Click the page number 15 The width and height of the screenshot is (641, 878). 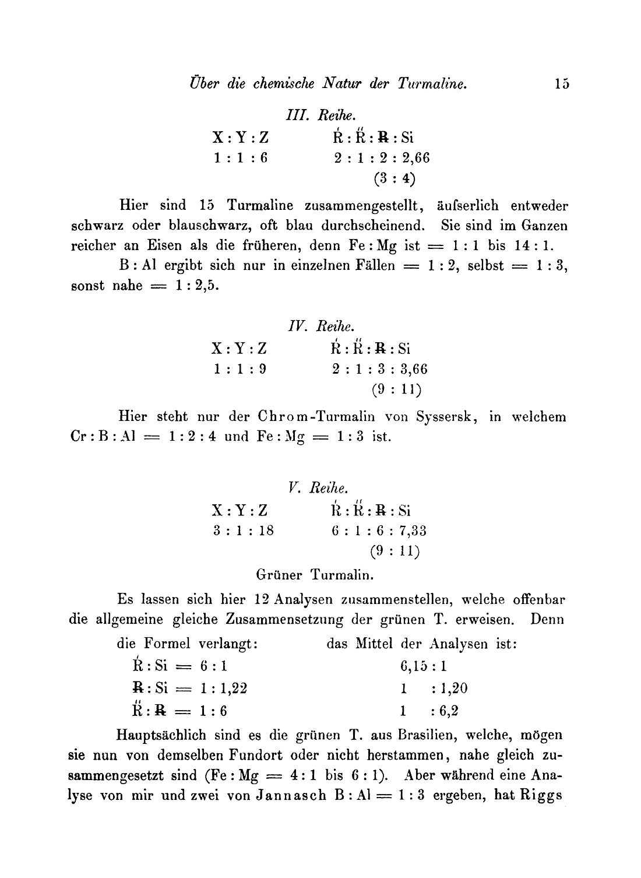562,84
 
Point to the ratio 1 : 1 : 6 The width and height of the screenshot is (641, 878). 240,157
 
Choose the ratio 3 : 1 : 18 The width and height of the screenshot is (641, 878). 242,531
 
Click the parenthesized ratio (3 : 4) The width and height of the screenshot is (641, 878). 395,178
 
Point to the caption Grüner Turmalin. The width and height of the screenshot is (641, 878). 315,575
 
